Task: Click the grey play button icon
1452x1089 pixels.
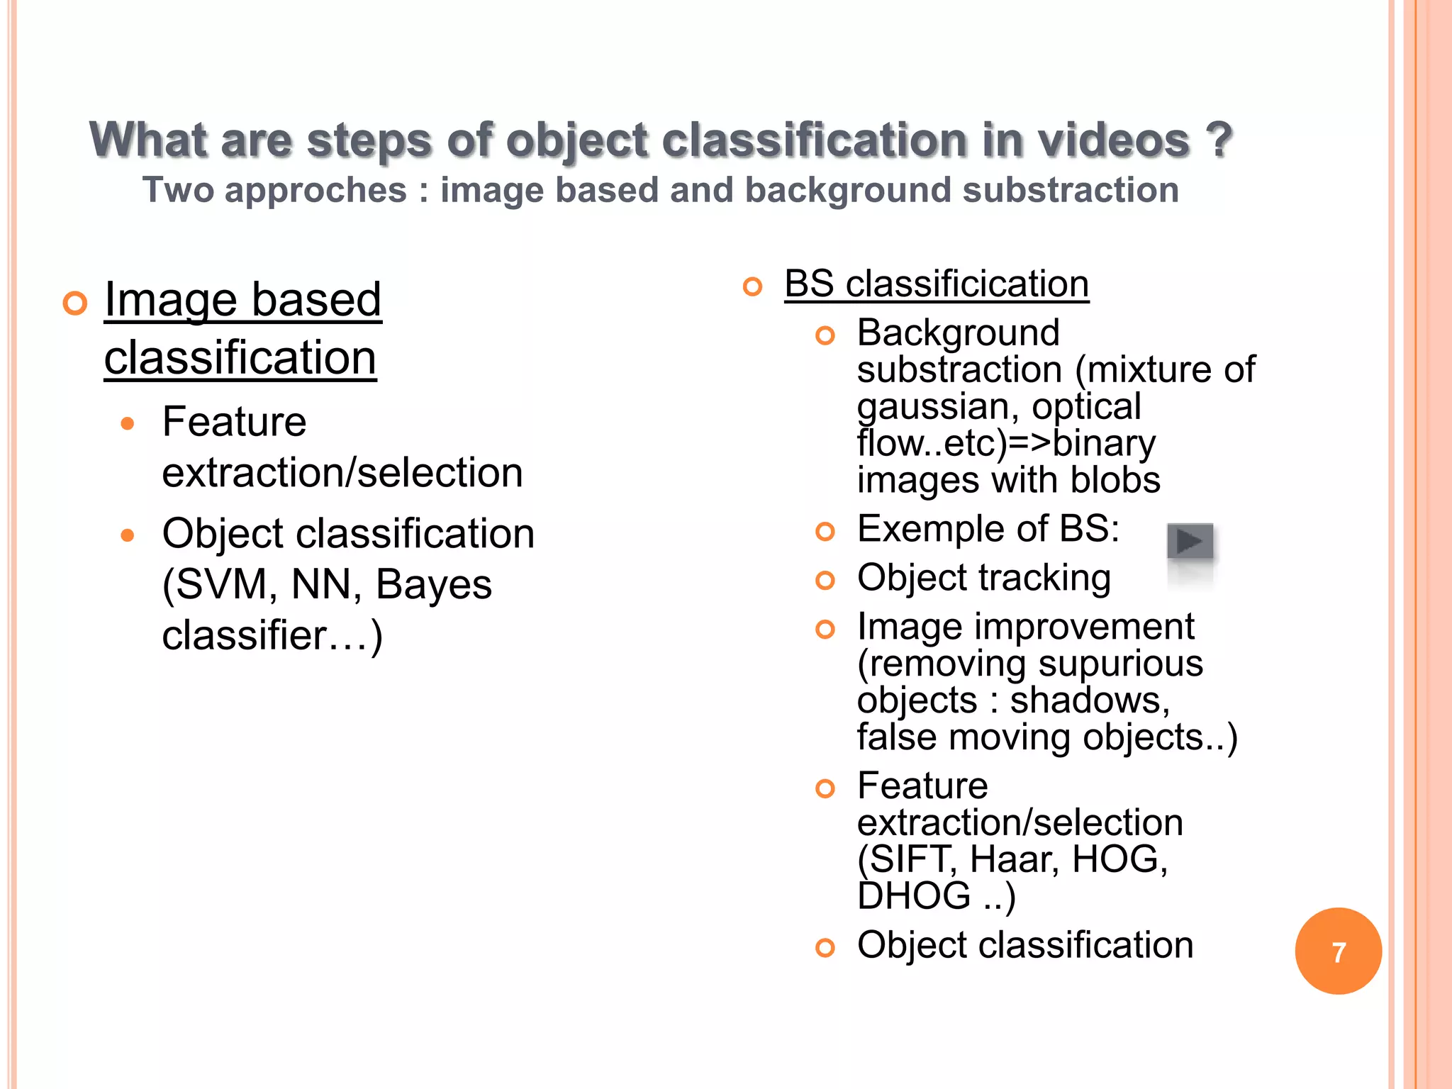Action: click(1190, 542)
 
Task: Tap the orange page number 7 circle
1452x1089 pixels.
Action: click(1338, 951)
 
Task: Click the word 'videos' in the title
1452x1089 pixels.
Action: click(1114, 140)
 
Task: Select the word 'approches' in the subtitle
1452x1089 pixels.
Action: click(315, 191)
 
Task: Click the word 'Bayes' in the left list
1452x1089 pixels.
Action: click(433, 585)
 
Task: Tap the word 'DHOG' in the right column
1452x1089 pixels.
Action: click(914, 895)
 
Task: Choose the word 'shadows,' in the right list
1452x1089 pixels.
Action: click(1090, 700)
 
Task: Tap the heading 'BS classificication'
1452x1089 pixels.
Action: click(937, 284)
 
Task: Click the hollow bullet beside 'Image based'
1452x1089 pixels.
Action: click(74, 303)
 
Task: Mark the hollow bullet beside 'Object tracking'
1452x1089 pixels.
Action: click(825, 581)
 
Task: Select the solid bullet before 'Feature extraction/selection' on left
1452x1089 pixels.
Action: click(128, 424)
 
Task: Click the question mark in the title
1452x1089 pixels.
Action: click(1219, 140)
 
